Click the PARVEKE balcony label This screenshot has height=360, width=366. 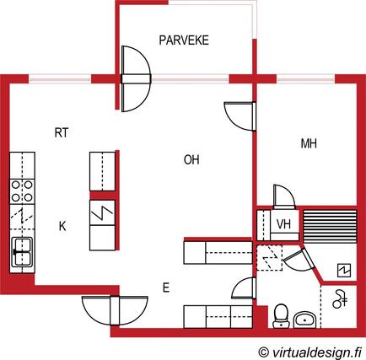tap(184, 40)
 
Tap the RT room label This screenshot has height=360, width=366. tap(62, 132)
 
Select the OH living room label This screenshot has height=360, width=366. tap(191, 160)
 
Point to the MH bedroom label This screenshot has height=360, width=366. tap(309, 143)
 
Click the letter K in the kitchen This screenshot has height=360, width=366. tap(62, 226)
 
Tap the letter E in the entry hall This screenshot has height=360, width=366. tap(166, 287)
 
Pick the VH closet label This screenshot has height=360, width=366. tap(283, 224)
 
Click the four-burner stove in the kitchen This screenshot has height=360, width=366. tap(22, 191)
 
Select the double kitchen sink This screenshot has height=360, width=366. tap(23, 252)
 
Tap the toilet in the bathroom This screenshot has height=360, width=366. tap(280, 315)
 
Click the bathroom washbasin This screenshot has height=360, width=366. tap(305, 320)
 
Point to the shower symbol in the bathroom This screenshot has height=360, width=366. tap(340, 300)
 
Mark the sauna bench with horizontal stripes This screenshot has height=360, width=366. tap(330, 226)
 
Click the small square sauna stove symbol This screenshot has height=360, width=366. tap(344, 271)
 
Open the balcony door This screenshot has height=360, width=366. tap(136, 79)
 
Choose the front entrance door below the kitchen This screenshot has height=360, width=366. tap(115, 310)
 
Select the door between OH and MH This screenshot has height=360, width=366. tap(240, 116)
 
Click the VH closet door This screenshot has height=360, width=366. tap(284, 197)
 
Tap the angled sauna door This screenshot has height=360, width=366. tap(299, 260)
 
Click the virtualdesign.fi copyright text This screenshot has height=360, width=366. tap(309, 352)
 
